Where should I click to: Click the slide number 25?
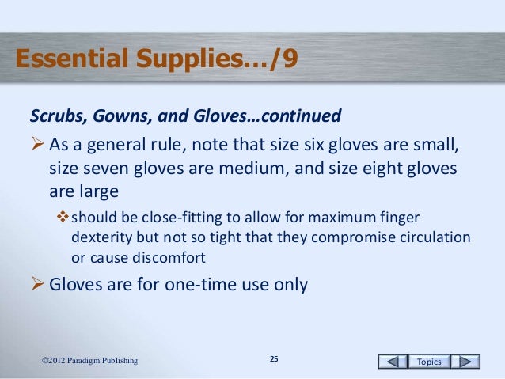click(274, 361)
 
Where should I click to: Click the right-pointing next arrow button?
click(469, 362)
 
